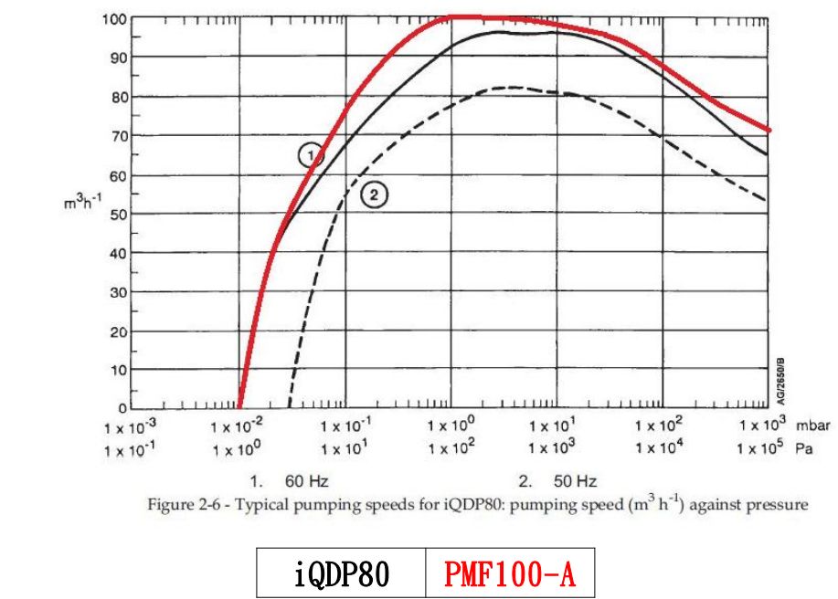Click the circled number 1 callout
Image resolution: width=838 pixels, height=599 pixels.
click(311, 155)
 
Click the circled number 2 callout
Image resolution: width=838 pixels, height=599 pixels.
click(374, 194)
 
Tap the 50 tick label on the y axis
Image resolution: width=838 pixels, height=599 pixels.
click(119, 215)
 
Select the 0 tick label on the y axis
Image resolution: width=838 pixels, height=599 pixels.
click(122, 408)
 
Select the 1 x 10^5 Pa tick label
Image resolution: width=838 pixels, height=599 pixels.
click(762, 447)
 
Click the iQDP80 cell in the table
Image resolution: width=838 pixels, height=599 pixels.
click(341, 574)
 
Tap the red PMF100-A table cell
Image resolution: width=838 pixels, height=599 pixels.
click(510, 574)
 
